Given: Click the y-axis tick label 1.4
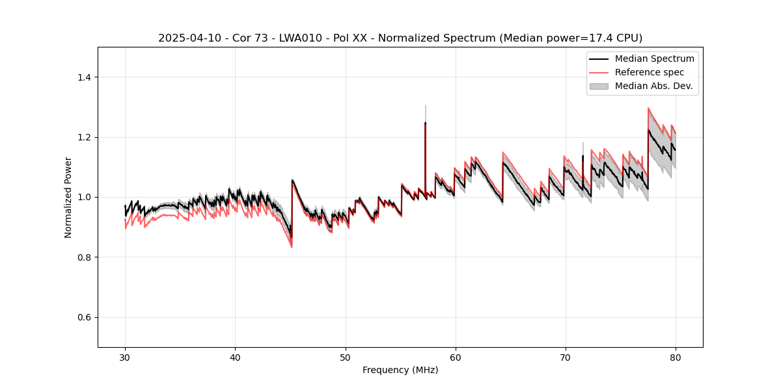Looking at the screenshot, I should pos(84,77).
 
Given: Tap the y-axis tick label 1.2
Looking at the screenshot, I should pos(84,137).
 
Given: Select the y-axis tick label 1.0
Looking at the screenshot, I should pos(84,197).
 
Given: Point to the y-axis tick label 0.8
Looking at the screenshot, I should pos(84,257).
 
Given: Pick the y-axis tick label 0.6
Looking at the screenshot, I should pos(84,317).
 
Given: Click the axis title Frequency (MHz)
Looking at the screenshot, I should pos(400,370).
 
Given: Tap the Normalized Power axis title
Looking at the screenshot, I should pos(68,197).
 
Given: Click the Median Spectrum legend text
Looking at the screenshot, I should pos(654,58).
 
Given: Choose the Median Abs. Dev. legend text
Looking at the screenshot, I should pos(653,86).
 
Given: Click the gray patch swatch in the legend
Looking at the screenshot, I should pos(599,86).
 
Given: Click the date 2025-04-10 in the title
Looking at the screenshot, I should pos(185,38).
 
